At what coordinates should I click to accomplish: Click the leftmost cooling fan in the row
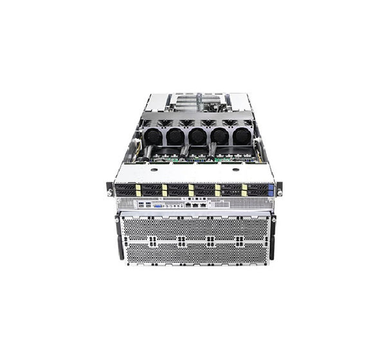(x=152, y=136)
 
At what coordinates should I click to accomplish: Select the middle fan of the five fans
(x=197, y=136)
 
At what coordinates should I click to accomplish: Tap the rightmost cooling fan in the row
(x=241, y=136)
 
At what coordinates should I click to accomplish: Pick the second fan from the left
(x=174, y=136)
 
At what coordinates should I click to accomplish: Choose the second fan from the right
(x=219, y=136)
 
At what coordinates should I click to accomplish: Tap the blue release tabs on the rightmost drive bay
(x=271, y=190)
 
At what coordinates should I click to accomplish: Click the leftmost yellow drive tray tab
(x=138, y=190)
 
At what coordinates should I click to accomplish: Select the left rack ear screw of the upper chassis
(x=111, y=191)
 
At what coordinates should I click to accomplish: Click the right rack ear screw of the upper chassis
(x=279, y=190)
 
